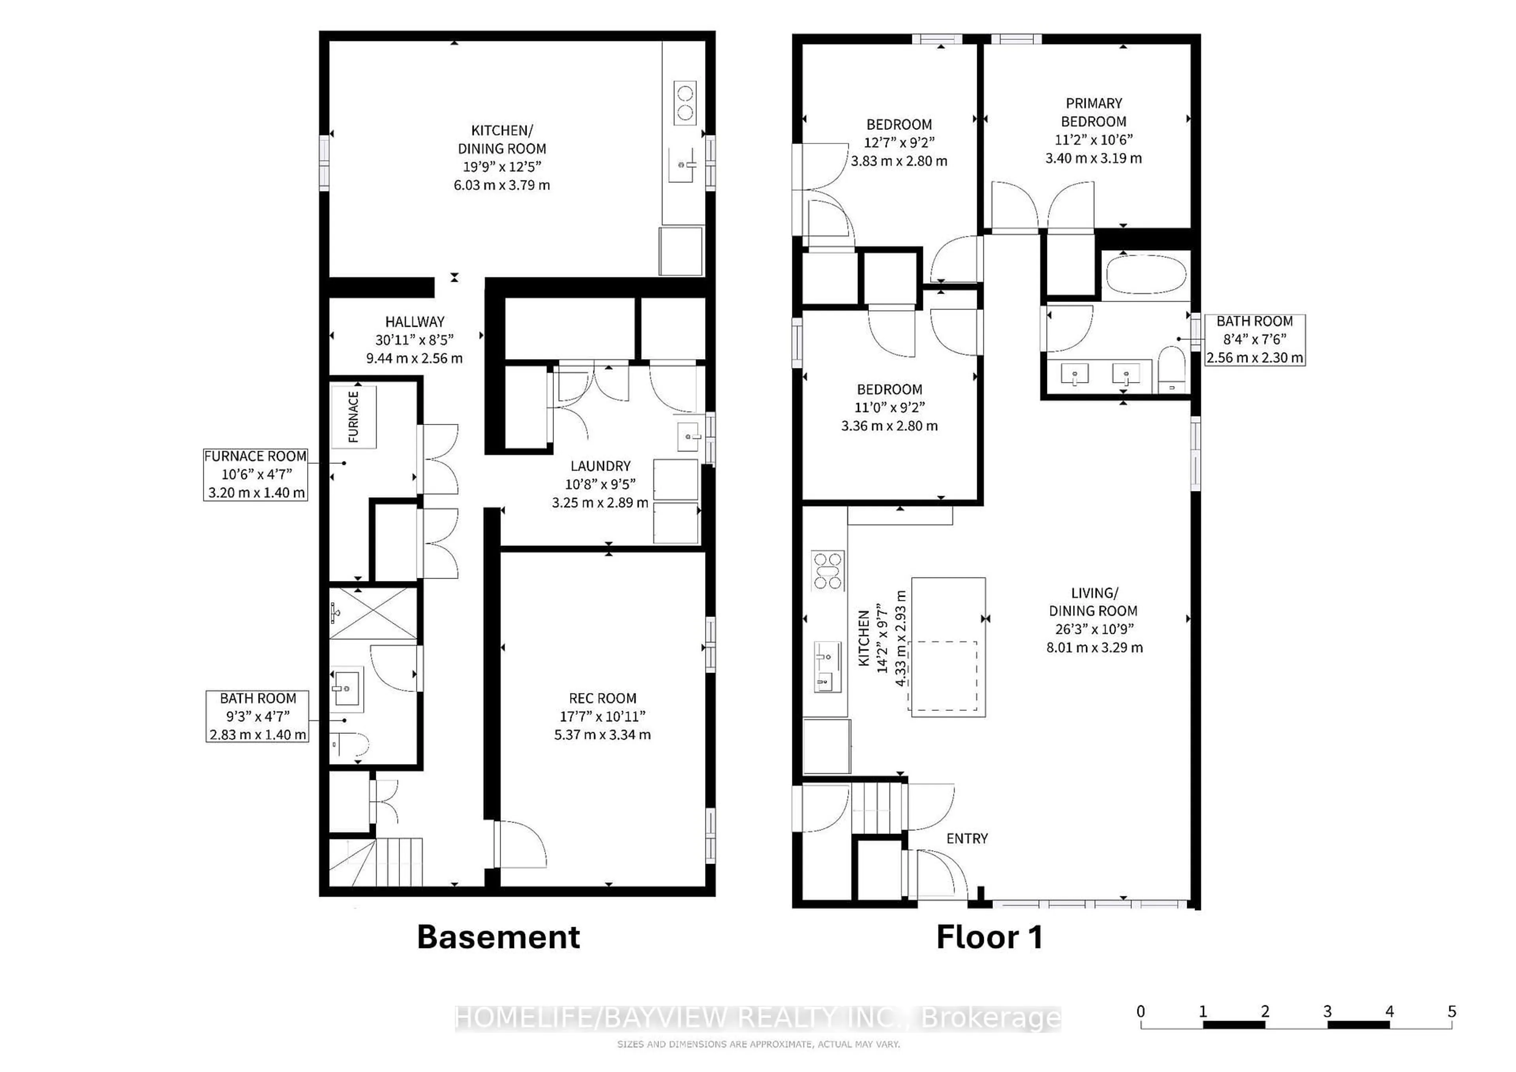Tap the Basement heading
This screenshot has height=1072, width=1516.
tap(499, 937)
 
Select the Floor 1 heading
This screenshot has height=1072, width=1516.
tap(989, 937)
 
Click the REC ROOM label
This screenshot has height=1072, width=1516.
tap(602, 698)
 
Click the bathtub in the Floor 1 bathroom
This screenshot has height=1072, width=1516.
tap(1146, 275)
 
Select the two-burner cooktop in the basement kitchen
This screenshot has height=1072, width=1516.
tap(685, 102)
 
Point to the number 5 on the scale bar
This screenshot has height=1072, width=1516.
tap(1451, 1011)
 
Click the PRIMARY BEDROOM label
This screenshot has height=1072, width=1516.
tap(1094, 112)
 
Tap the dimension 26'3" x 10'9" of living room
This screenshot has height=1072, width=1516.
tap(1094, 629)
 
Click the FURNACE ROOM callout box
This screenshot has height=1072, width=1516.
tap(255, 474)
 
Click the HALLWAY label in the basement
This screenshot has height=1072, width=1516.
tap(415, 322)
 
